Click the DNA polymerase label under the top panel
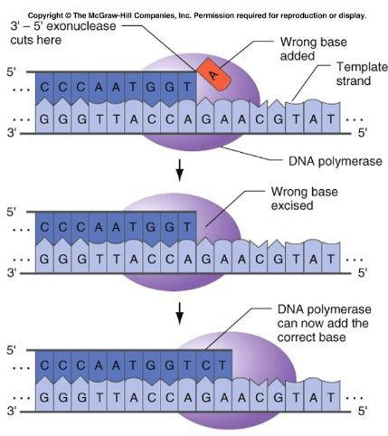coord(335,161)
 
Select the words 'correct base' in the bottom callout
coord(311,337)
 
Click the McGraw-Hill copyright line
coord(197,16)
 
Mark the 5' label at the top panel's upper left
coord(12,72)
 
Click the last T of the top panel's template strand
coord(330,119)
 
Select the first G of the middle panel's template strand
coord(44,259)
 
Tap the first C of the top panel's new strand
coord(44,87)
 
